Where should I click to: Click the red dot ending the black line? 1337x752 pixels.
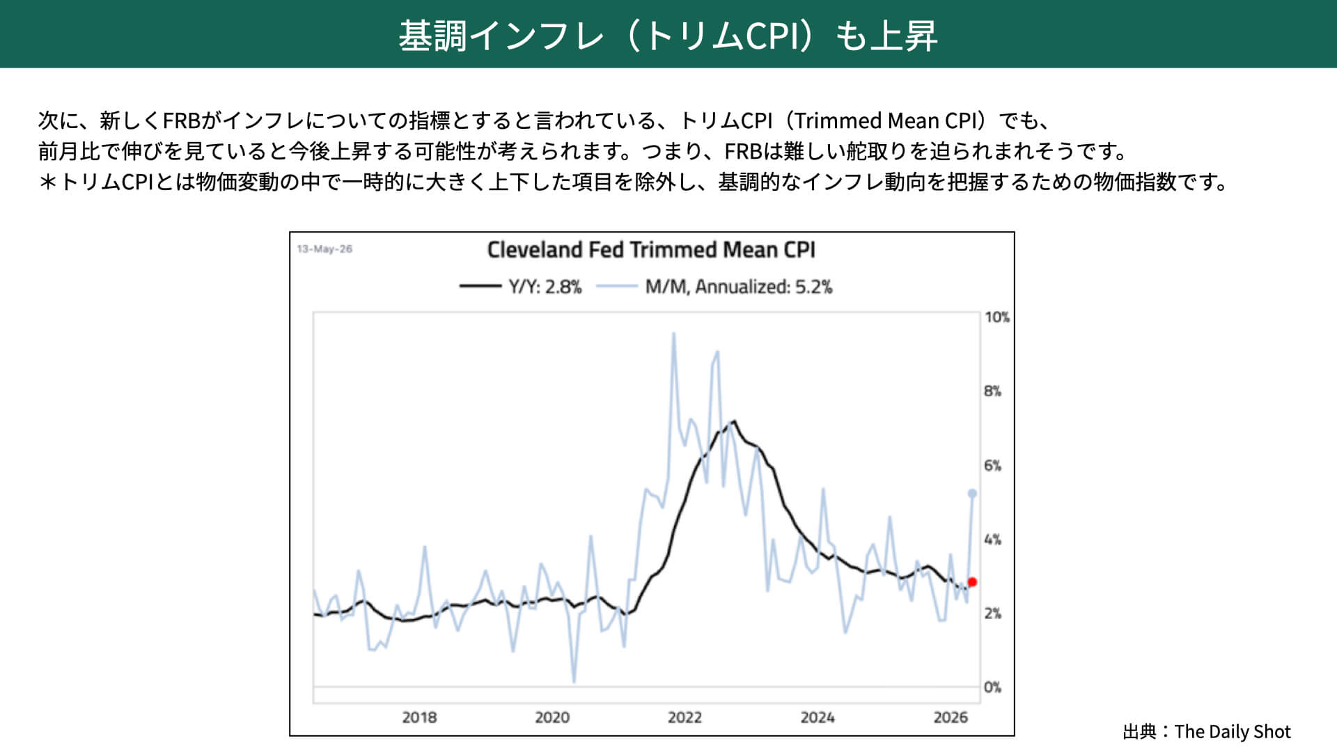[x=972, y=582]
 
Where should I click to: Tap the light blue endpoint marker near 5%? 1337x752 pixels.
[x=972, y=494]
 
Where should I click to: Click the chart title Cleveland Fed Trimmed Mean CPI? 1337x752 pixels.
[x=651, y=250]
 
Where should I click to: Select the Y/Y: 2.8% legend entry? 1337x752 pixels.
[x=520, y=287]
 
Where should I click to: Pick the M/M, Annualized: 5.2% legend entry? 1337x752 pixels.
[x=714, y=287]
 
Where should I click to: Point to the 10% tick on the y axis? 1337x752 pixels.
[x=996, y=318]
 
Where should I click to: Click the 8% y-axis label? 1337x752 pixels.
[x=992, y=391]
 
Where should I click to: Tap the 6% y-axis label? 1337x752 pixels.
[x=992, y=466]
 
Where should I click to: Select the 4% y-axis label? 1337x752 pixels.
[x=992, y=540]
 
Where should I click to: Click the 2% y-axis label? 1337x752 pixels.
[x=992, y=613]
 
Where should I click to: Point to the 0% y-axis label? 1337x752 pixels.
[x=992, y=687]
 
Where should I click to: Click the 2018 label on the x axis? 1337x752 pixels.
[x=419, y=717]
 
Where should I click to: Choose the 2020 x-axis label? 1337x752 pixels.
[x=552, y=717]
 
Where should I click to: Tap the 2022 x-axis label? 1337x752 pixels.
[x=685, y=717]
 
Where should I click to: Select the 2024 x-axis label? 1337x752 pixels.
[x=818, y=717]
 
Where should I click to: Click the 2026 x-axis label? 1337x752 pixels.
[x=951, y=717]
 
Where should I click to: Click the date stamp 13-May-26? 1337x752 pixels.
[x=325, y=249]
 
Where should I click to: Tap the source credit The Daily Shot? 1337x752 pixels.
[x=1233, y=732]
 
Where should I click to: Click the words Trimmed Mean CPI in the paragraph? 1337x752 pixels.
[x=889, y=121]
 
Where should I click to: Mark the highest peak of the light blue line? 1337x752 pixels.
[x=673, y=334]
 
